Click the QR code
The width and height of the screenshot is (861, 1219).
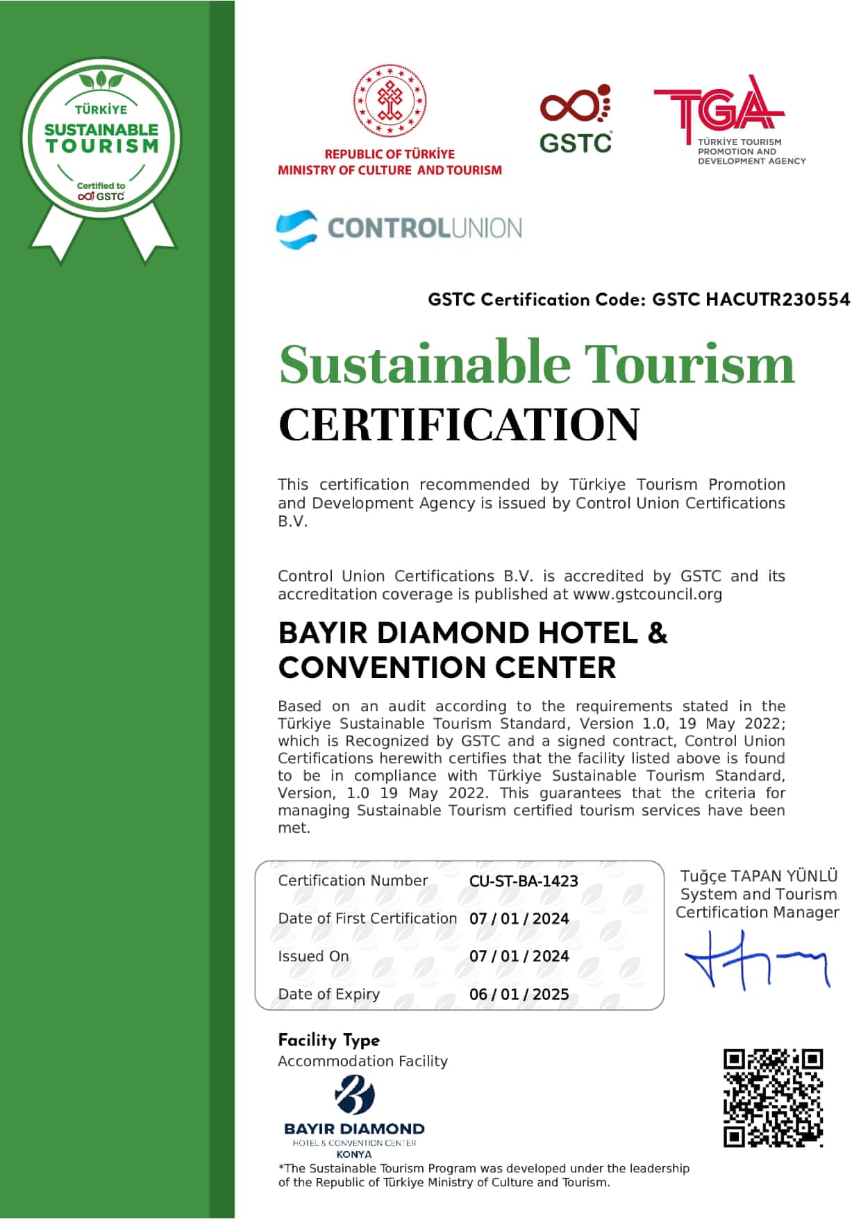(x=773, y=1097)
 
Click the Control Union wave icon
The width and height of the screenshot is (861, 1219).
(x=296, y=229)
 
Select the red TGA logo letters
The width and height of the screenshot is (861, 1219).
(x=719, y=108)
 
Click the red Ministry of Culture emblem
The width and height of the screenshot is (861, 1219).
(x=390, y=100)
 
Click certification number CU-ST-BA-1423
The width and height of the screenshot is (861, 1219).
(x=524, y=881)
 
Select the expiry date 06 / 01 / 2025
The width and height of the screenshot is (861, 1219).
(x=519, y=994)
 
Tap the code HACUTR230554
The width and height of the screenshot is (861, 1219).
(x=778, y=299)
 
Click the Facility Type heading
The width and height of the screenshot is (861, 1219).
(x=328, y=1040)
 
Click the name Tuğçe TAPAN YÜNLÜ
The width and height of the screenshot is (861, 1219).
(x=758, y=876)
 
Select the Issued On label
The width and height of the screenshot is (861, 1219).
(x=313, y=956)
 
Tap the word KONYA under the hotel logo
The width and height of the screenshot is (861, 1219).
(x=353, y=1154)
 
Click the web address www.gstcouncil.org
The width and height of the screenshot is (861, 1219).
(x=647, y=595)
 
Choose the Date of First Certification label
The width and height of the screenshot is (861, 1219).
(x=367, y=918)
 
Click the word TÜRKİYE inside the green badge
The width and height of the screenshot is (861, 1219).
(x=101, y=110)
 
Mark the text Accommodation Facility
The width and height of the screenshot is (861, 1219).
(x=362, y=1061)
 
